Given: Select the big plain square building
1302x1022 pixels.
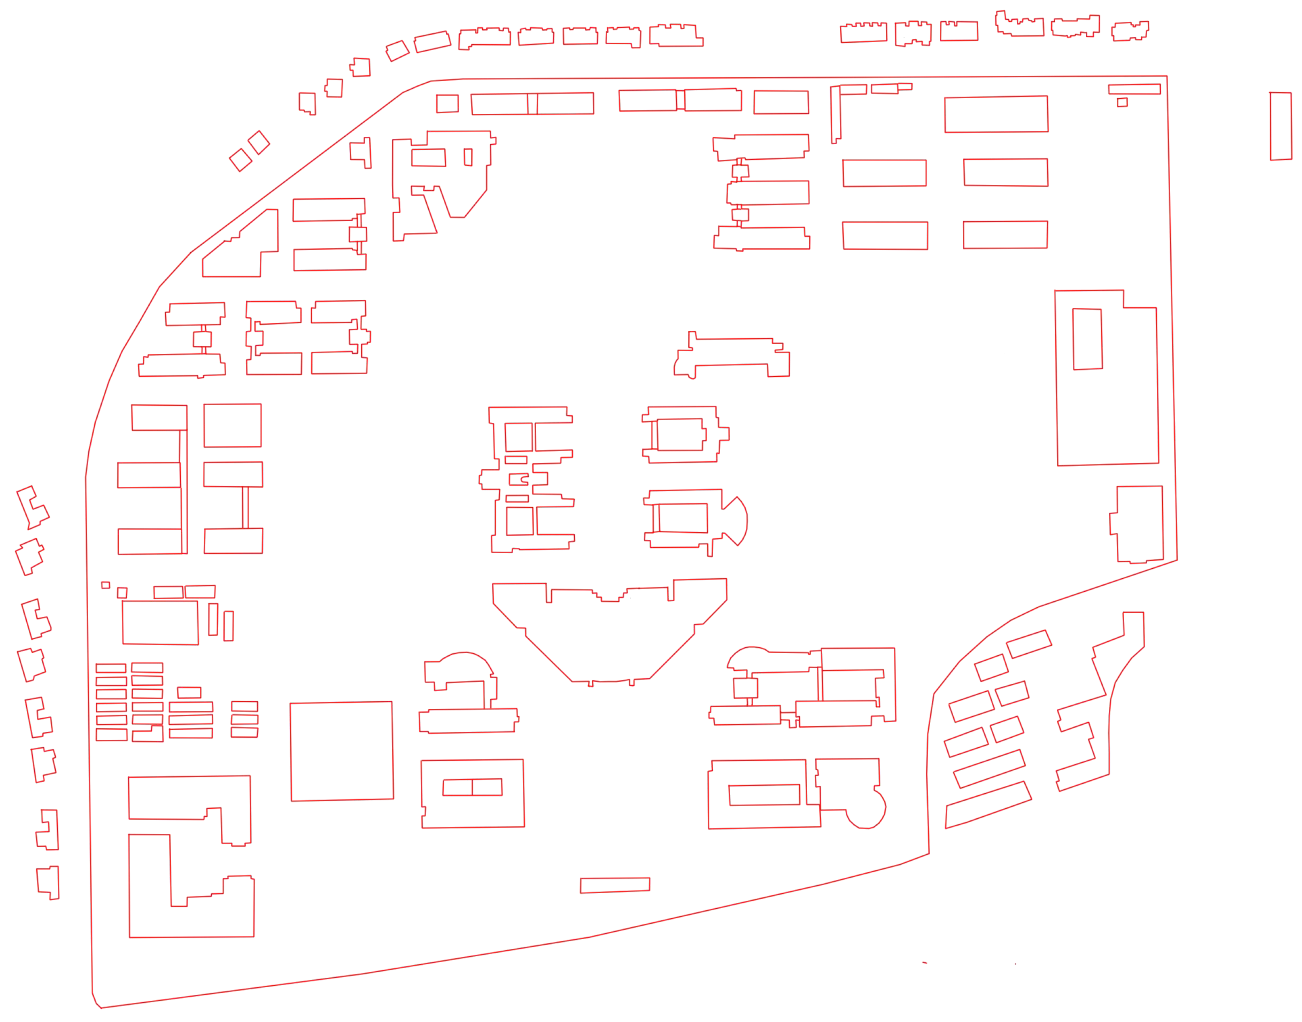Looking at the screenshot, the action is [341, 751].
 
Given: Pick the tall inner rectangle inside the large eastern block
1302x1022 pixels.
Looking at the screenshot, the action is [1087, 339].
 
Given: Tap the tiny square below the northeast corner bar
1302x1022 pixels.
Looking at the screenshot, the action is [1122, 102].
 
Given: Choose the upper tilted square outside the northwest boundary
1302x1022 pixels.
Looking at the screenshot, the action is [258, 143].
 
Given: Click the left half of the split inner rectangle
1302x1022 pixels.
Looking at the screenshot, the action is [457, 787].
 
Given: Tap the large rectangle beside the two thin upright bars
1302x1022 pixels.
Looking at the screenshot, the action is [160, 622].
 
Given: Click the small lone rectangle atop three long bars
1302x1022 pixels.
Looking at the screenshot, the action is [189, 692].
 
